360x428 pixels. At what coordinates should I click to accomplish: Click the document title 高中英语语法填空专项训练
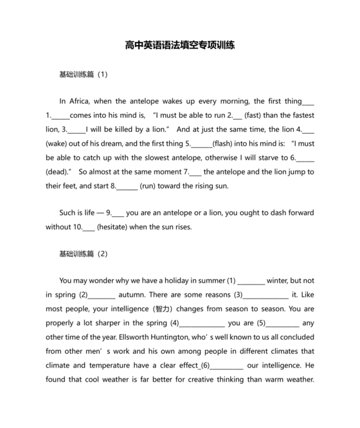click(x=180, y=46)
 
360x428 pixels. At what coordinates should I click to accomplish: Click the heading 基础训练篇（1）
click(x=83, y=74)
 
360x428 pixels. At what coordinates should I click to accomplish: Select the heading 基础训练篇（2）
click(x=83, y=254)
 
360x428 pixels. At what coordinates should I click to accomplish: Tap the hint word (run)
click(x=150, y=186)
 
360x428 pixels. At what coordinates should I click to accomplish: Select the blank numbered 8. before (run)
click(x=127, y=186)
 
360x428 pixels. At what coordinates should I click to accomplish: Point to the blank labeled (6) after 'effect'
click(x=226, y=366)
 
